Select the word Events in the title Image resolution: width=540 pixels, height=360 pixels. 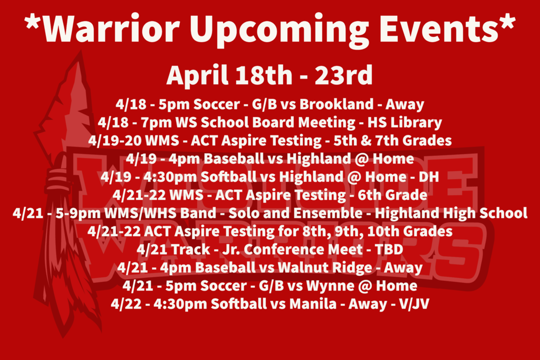(x=439, y=28)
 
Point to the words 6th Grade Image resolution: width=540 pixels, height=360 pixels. (x=392, y=195)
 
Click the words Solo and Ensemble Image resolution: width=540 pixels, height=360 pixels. (x=295, y=213)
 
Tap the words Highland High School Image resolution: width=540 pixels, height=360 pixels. (x=451, y=213)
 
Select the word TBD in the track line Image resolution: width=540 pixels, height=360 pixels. (x=389, y=249)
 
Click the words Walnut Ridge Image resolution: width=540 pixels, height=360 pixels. (x=325, y=268)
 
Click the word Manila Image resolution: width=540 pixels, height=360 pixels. (x=313, y=304)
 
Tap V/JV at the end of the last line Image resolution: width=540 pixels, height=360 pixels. (x=414, y=304)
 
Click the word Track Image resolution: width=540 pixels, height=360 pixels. (x=190, y=249)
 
